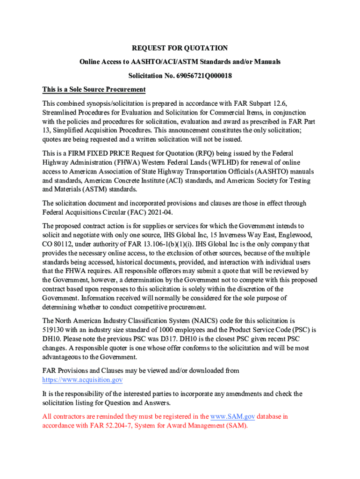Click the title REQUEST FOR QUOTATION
point(180,48)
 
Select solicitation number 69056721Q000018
point(203,75)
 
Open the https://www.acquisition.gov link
point(82,380)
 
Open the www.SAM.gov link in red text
point(232,416)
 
